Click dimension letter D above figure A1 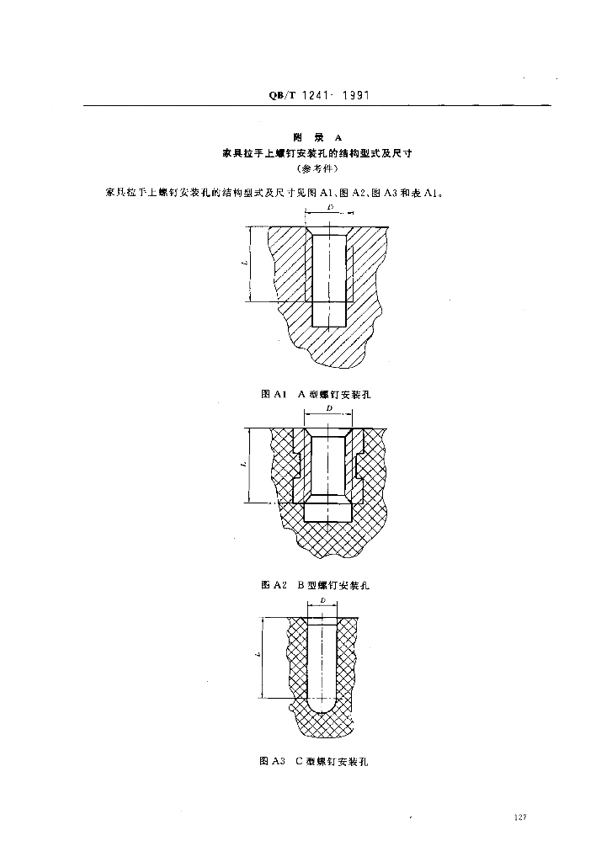[x=331, y=207]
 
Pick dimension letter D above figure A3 [x=324, y=602]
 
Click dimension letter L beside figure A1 [x=244, y=263]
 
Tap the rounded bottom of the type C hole [x=323, y=704]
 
